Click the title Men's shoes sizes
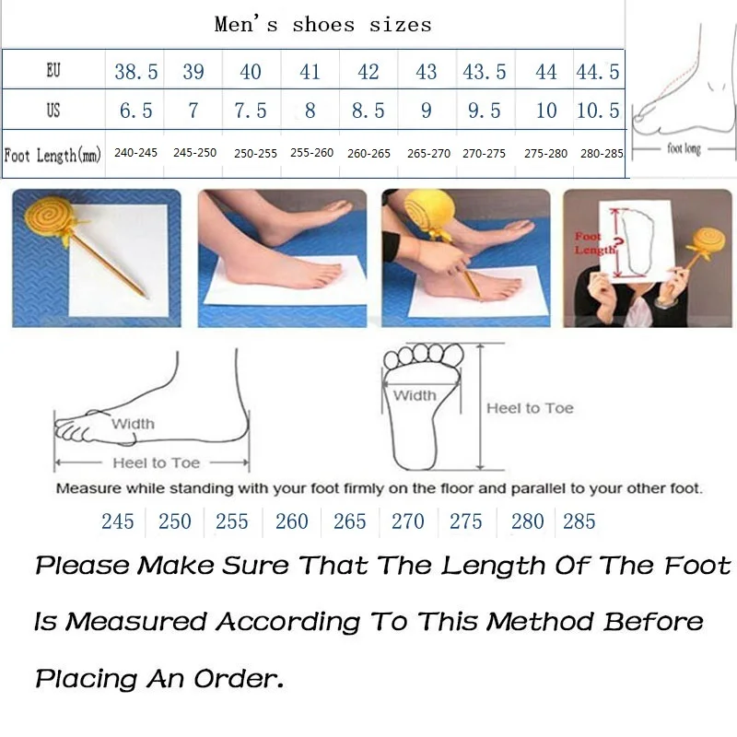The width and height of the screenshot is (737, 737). (x=322, y=25)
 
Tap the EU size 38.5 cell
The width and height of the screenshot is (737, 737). (x=135, y=72)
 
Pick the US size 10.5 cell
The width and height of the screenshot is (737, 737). (x=598, y=111)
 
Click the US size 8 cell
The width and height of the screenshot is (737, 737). (x=310, y=111)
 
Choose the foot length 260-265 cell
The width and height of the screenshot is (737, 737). (x=368, y=154)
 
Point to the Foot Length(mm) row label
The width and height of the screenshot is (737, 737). (x=54, y=154)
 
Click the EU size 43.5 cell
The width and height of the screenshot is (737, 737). (x=484, y=72)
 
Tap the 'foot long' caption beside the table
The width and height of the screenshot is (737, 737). (x=684, y=148)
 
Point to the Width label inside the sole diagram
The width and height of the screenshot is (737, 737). (x=415, y=395)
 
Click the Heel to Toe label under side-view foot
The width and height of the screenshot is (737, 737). (x=156, y=463)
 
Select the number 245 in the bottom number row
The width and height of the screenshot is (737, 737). (x=118, y=521)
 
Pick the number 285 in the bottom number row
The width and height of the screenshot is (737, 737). (x=579, y=521)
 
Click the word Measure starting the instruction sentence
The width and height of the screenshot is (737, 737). (x=88, y=488)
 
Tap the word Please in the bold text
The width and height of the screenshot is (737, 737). (x=82, y=565)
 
